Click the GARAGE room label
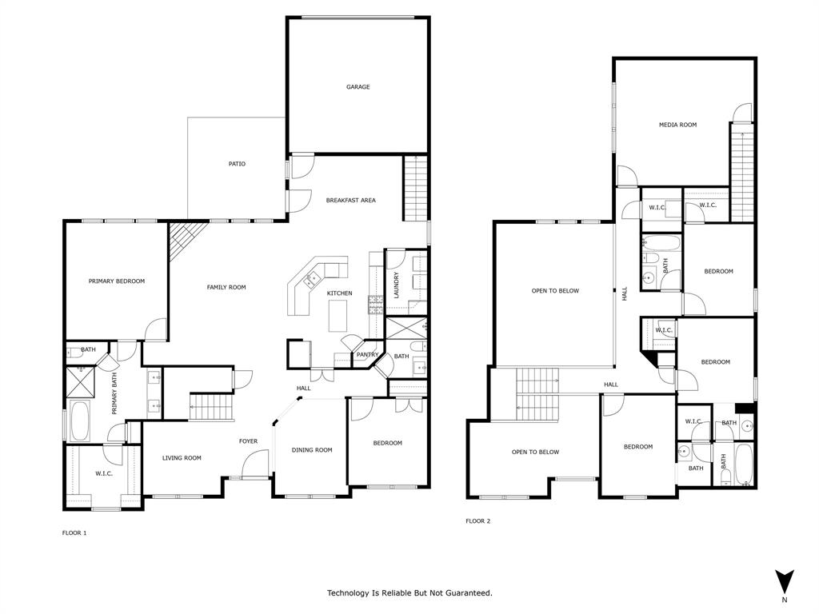[358, 87]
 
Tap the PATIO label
[237, 164]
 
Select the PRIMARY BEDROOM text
[117, 281]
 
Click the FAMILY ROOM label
[226, 287]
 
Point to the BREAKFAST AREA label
[350, 200]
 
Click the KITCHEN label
[339, 293]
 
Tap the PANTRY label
[367, 354]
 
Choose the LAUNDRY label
[396, 285]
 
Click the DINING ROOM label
[312, 450]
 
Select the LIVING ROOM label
[182, 458]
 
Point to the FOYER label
[248, 441]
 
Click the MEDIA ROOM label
[677, 125]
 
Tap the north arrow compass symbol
[784, 581]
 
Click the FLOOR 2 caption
[478, 521]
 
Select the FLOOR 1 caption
[74, 532]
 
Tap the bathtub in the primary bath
[79, 421]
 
